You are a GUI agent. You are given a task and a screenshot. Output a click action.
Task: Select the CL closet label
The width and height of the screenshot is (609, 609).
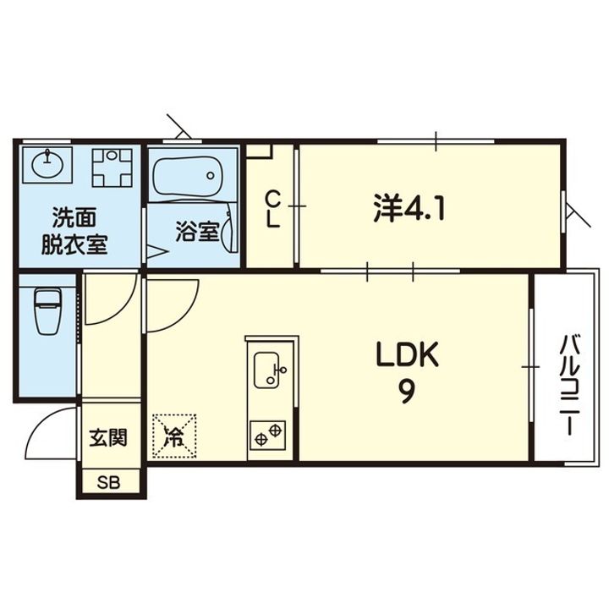[272, 208]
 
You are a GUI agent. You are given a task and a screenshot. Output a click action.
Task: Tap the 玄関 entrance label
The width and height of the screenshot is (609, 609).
[108, 438]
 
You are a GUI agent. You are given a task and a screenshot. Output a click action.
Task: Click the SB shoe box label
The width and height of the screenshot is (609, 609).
[108, 483]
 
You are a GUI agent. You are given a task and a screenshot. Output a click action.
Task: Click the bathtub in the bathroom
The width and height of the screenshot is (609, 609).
[187, 175]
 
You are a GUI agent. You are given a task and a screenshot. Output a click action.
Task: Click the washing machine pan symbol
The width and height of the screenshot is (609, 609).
[112, 168]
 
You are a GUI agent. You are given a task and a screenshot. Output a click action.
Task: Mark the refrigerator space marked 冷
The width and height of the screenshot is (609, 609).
[173, 436]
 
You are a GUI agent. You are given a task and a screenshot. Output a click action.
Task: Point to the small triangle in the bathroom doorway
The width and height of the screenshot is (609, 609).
[157, 251]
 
